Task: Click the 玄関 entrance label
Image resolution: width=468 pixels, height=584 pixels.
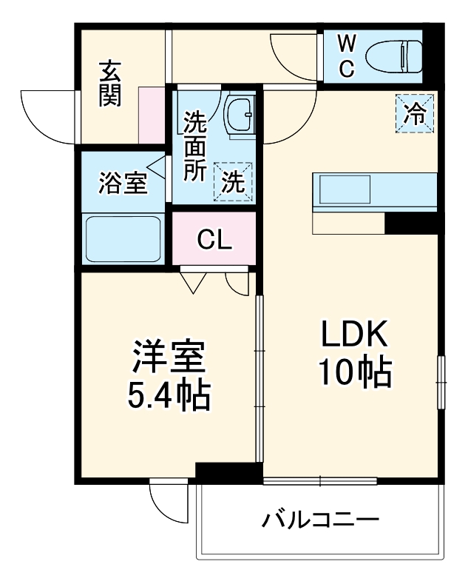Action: (x=110, y=84)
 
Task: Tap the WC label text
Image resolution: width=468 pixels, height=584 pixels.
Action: (x=347, y=56)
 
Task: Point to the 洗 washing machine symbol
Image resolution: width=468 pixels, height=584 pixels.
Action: (x=234, y=181)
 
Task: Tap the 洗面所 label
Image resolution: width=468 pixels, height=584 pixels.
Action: (x=195, y=145)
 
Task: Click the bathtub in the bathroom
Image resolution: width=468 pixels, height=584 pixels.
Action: (x=123, y=238)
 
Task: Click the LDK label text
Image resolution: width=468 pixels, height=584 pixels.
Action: (x=353, y=336)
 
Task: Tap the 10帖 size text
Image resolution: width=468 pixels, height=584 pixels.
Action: (x=353, y=374)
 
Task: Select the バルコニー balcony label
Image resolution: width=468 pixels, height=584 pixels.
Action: (x=320, y=520)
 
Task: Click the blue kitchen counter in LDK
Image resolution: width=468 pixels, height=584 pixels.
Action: (x=375, y=192)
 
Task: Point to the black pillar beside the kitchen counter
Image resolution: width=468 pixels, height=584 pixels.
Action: (x=411, y=223)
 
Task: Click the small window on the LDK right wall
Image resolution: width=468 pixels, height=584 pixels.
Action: (x=441, y=380)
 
